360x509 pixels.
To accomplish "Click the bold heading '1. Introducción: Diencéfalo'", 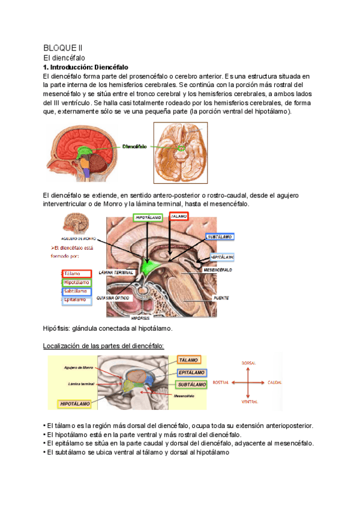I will [86, 67].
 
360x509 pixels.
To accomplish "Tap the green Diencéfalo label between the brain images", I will [135, 146].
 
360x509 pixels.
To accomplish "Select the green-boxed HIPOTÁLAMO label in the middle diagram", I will [147, 217].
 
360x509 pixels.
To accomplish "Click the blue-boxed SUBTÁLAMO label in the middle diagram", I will [220, 237].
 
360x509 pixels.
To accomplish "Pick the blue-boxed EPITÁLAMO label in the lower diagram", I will [191, 373].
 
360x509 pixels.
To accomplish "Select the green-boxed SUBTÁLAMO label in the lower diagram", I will [191, 384].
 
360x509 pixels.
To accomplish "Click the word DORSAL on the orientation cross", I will [249, 363].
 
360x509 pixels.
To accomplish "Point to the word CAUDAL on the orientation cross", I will [275, 382].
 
